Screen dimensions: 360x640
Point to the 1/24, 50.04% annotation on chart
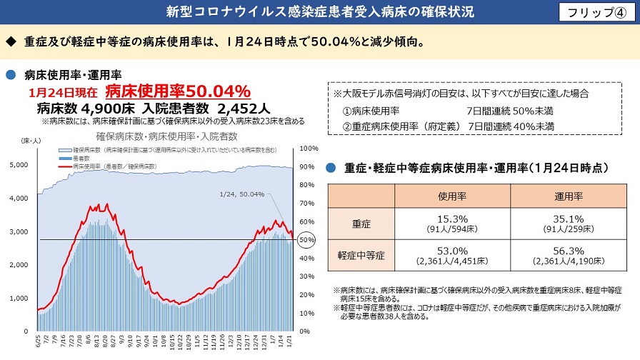tap(243, 194)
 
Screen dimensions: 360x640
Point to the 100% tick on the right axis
tap(309, 149)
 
